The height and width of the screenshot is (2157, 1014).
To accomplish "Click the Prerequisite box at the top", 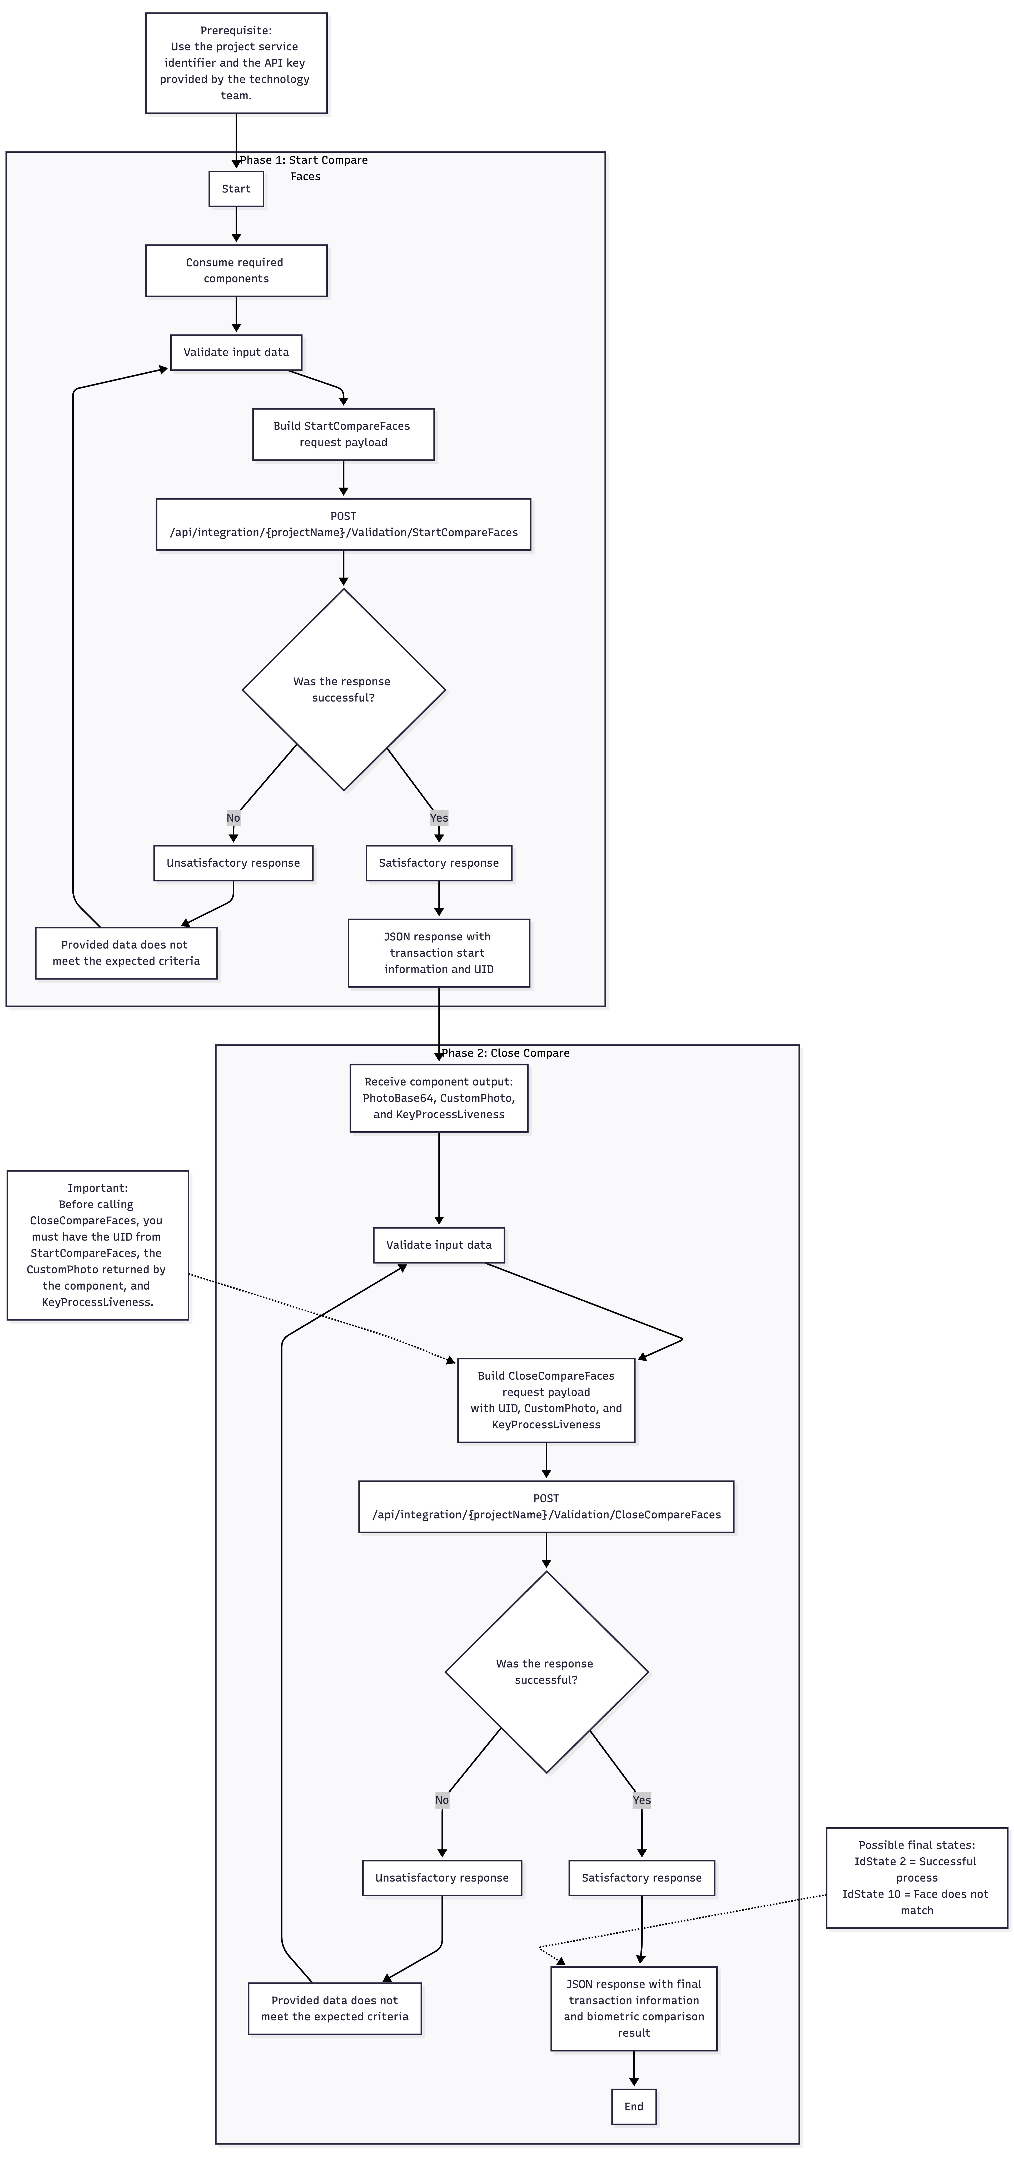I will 236,63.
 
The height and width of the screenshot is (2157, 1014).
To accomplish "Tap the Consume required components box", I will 236,270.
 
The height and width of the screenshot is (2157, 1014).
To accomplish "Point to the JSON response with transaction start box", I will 439,953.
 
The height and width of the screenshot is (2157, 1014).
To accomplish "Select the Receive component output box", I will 439,1098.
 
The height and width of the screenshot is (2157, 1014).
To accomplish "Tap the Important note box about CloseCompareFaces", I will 98,1245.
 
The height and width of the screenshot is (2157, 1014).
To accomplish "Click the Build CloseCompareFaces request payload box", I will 546,1400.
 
